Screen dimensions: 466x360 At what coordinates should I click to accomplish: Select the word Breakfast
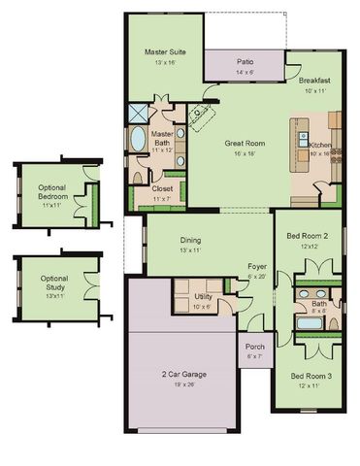(x=315, y=81)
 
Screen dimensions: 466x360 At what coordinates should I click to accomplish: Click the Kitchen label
(x=320, y=144)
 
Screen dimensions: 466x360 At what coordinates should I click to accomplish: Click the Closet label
(x=162, y=189)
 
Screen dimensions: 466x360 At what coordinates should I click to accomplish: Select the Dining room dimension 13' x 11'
(x=190, y=250)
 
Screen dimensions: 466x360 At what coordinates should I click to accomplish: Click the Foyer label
(x=257, y=266)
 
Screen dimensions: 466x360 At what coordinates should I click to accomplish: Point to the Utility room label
(x=203, y=296)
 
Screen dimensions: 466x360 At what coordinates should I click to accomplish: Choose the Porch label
(x=254, y=347)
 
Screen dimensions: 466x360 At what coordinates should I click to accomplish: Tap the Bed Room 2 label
(x=308, y=236)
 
